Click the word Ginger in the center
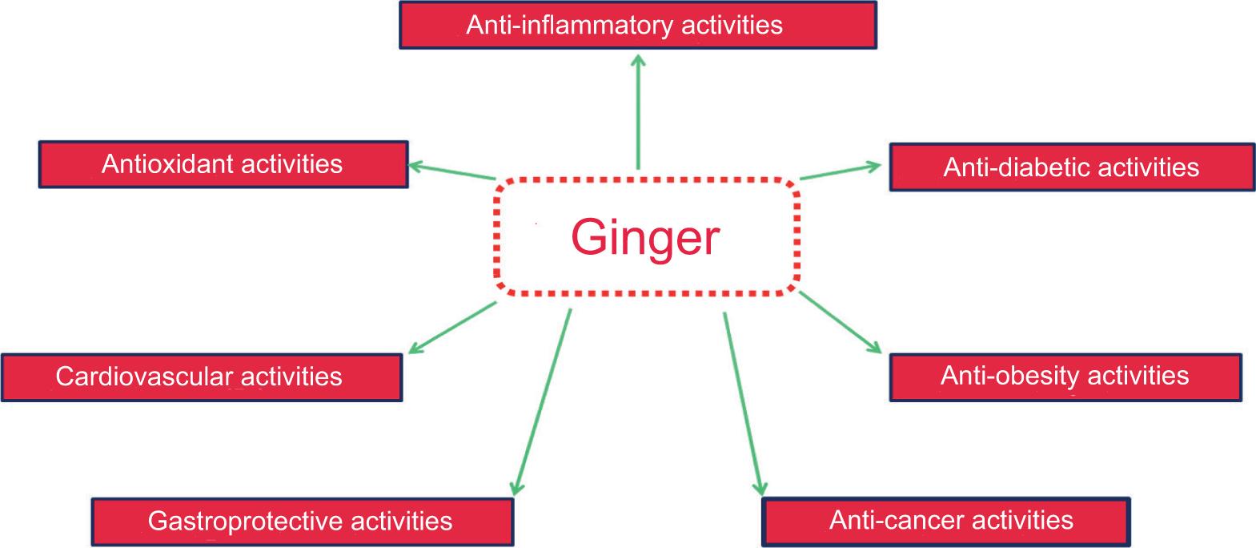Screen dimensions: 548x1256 tap(645, 237)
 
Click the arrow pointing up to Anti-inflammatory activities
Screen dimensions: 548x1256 tap(638, 112)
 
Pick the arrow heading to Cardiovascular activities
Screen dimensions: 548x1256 tap(452, 327)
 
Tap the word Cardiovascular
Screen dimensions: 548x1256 tap(144, 377)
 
